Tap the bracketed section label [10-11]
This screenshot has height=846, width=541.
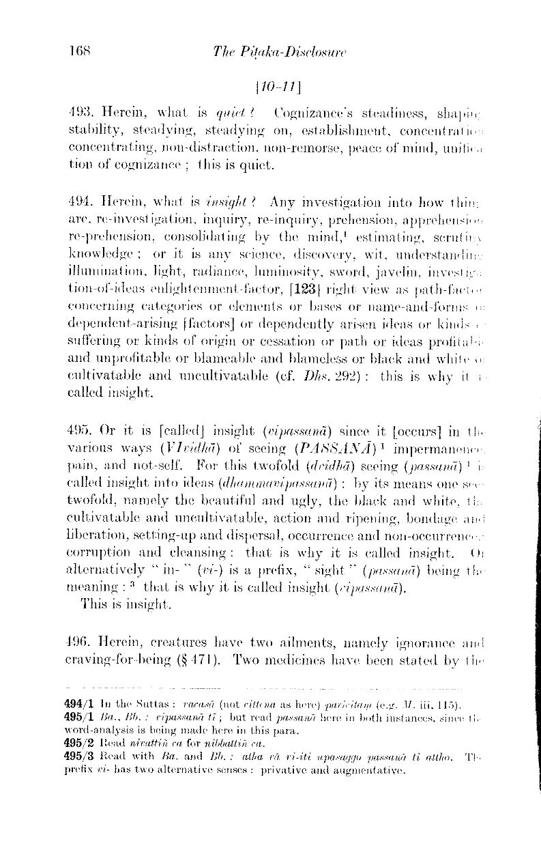click(269, 88)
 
